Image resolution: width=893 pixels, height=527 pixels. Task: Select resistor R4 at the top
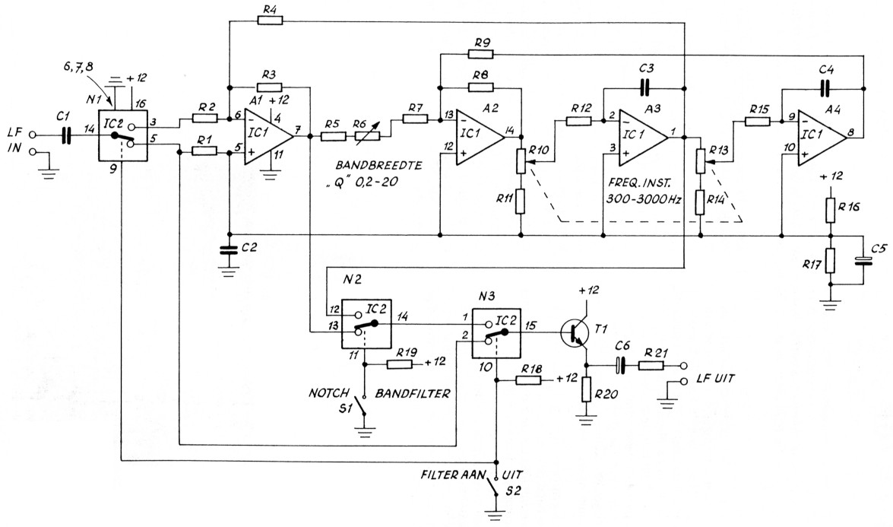point(270,21)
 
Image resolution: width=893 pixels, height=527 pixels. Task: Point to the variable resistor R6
point(369,138)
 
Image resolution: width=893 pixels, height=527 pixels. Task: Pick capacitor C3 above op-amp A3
point(645,87)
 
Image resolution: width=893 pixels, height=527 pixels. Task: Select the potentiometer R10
point(521,161)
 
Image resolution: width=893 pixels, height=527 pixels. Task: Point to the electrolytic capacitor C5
point(861,262)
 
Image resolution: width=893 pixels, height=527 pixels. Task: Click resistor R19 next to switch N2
point(401,364)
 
